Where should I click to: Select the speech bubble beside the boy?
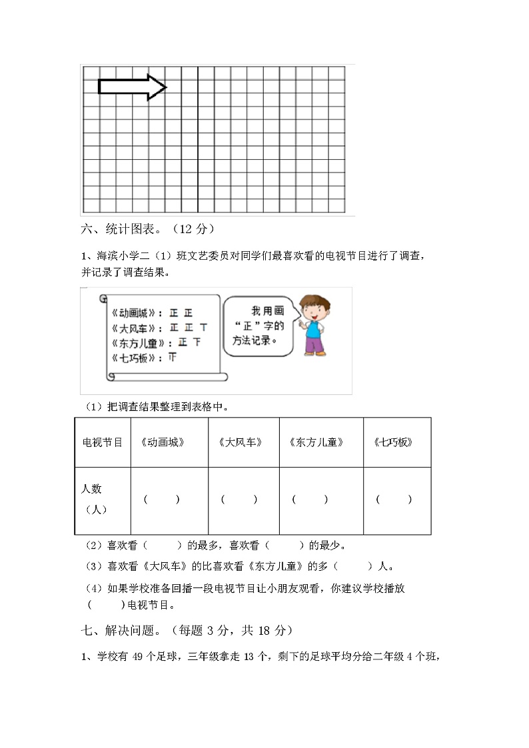pos(258,326)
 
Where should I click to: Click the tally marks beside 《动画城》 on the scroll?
pos(181,312)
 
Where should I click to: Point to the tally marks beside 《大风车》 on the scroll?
pos(189,328)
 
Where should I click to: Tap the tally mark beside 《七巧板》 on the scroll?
pos(172,358)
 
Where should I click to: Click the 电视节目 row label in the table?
pos(102,442)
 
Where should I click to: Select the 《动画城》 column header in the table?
pos(163,442)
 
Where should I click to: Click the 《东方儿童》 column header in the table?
pos(317,442)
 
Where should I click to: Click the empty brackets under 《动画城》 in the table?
pos(162,500)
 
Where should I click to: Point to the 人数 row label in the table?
pos(92,489)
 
